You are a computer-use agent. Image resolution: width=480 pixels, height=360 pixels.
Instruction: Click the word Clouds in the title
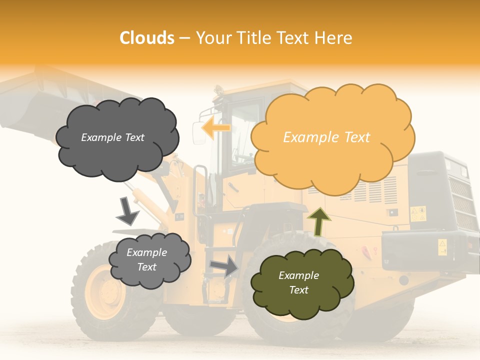pos(147,38)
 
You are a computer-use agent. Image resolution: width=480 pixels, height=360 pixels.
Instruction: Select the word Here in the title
pos(334,38)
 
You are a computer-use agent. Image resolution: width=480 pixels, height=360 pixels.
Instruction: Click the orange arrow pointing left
pos(215,128)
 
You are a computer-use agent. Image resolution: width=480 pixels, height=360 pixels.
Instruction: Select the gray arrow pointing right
pos(224,266)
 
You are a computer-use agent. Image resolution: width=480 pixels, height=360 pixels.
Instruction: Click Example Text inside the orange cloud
pos(326,137)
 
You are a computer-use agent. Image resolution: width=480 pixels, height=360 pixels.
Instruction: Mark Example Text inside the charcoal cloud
pos(112,137)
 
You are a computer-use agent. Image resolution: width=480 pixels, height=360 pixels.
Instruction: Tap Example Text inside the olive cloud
pos(298,282)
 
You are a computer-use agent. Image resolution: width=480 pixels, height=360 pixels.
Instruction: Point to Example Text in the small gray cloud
pos(146,259)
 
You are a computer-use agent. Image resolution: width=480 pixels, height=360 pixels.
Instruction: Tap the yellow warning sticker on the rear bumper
pos(442,246)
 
